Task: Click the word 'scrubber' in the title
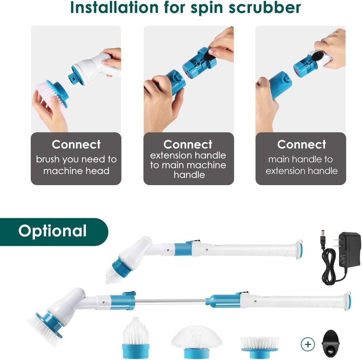point(265,7)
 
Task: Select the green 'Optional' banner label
point(53,231)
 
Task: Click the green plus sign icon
point(308,344)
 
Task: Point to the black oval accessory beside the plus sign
point(331,343)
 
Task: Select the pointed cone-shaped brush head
point(136,338)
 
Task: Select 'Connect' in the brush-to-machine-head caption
point(76,144)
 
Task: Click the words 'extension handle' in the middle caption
point(188,155)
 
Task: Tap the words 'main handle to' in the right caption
point(300,159)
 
